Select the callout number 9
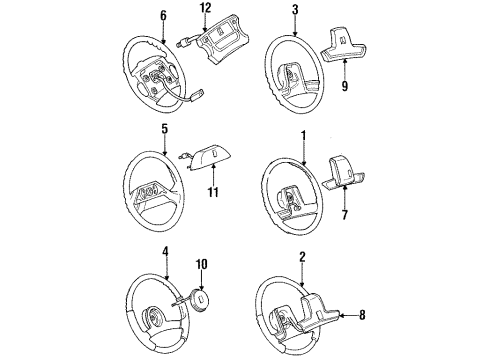click(345, 87)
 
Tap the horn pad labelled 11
click(208, 154)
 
